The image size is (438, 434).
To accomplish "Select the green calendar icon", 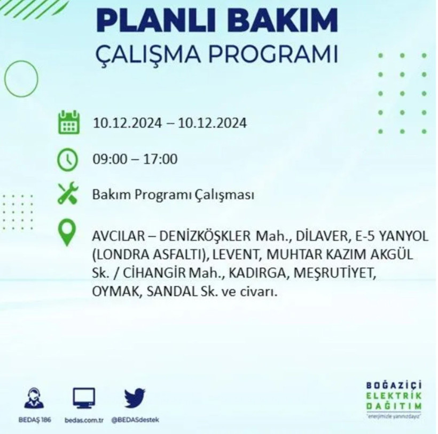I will pyautogui.click(x=68, y=122).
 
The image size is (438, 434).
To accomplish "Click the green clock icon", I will pyautogui.click(x=68, y=159).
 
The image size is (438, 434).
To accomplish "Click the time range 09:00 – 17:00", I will pyautogui.click(x=135, y=159).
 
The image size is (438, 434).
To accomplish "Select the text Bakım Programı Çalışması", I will pyautogui.click(x=173, y=195).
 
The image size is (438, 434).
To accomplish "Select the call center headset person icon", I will pyautogui.click(x=35, y=398).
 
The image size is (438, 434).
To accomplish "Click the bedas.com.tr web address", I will pyautogui.click(x=84, y=420).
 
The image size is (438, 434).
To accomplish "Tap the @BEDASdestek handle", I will pyautogui.click(x=135, y=420).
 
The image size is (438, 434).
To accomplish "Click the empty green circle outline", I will pyautogui.click(x=21, y=78).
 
